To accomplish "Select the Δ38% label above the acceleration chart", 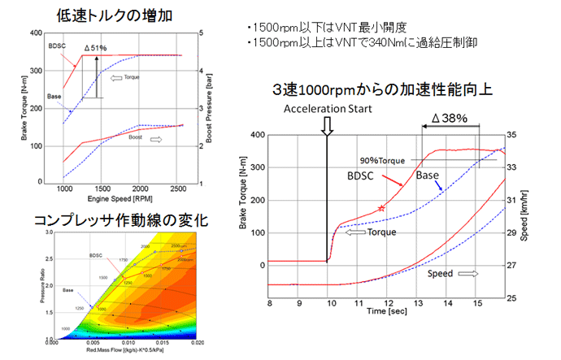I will click(x=449, y=118).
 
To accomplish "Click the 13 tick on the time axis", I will click(x=418, y=303).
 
